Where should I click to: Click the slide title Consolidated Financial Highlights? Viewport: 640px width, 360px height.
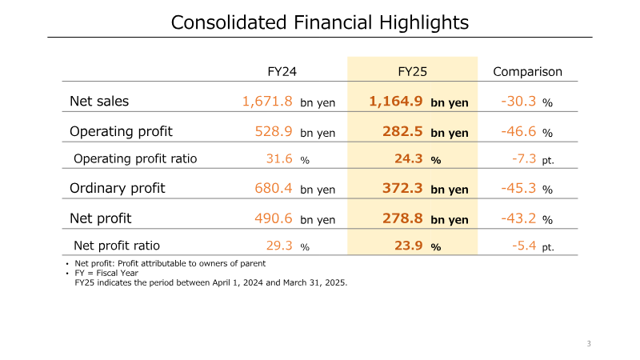(320, 22)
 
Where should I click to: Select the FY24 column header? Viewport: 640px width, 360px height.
(282, 71)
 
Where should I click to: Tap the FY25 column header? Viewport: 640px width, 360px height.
(412, 71)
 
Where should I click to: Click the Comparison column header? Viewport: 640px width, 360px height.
(527, 71)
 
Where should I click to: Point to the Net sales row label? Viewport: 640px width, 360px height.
(99, 102)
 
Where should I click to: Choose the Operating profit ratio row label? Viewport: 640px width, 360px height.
(135, 158)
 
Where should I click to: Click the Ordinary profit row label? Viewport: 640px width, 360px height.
(118, 188)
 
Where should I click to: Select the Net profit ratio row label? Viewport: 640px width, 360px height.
(117, 246)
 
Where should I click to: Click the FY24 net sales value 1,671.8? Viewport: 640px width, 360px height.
(268, 102)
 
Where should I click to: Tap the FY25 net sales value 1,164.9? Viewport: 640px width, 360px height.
(396, 102)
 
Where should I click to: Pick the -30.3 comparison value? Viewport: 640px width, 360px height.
(518, 102)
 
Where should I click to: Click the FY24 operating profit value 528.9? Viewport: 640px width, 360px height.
(274, 131)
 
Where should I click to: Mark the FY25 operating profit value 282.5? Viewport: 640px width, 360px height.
(401, 131)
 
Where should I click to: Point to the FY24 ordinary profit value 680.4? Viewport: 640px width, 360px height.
(274, 188)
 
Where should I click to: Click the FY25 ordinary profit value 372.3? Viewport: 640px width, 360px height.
(401, 188)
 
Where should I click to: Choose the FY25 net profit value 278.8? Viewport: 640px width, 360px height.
(401, 218)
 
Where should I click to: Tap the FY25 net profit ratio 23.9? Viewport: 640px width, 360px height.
(408, 246)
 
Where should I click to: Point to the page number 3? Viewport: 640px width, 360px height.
(589, 344)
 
